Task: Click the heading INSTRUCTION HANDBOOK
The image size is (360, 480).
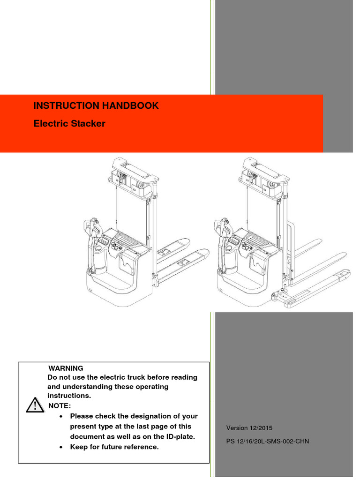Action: [x=96, y=106]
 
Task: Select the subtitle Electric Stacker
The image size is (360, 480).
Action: [x=69, y=124]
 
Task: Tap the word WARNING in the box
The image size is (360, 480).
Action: [x=66, y=368]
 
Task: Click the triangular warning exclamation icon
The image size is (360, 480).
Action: [x=33, y=404]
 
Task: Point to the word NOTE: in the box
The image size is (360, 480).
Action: [x=60, y=405]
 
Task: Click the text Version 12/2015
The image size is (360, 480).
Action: [x=249, y=428]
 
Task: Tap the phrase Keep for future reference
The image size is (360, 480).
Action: [x=114, y=447]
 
